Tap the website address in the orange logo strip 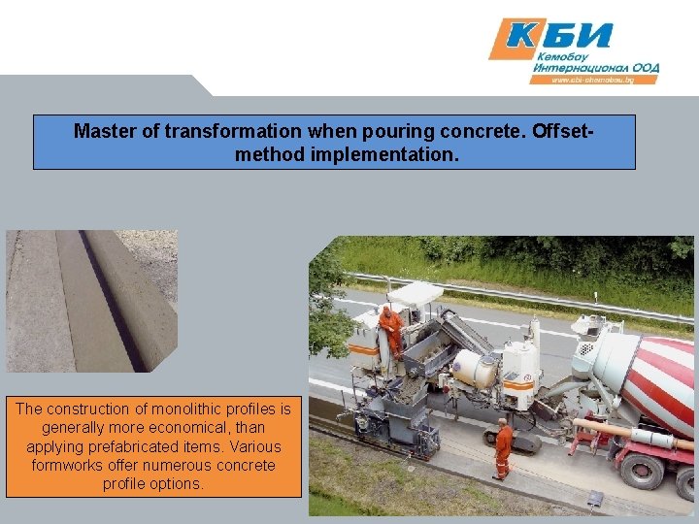(593, 81)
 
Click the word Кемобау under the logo (560, 57)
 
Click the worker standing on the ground (503, 447)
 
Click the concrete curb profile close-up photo (91, 301)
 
